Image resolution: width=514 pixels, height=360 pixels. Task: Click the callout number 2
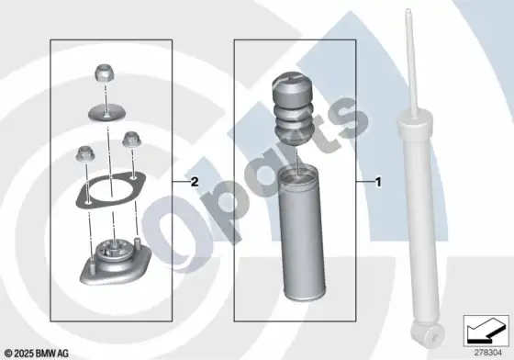[x=195, y=182]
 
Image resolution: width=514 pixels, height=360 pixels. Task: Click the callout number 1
[x=378, y=182]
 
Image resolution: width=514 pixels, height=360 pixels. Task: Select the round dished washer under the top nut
[x=106, y=113]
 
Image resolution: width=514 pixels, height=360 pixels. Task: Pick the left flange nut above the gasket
[x=84, y=153]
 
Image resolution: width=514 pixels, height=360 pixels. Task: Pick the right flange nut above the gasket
[x=132, y=140]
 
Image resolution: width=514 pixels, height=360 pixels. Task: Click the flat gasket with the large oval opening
[x=111, y=190]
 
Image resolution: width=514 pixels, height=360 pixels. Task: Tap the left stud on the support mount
[x=93, y=264]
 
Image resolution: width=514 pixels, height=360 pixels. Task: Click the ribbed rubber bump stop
[x=293, y=109]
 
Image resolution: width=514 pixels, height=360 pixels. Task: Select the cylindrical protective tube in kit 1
[x=302, y=232]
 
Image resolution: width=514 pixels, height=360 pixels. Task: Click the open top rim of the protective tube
[x=297, y=171]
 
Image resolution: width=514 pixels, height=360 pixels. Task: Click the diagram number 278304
[x=488, y=353]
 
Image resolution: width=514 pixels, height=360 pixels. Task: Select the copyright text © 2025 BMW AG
[x=37, y=354]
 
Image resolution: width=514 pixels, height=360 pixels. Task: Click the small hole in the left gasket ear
[x=87, y=203]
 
